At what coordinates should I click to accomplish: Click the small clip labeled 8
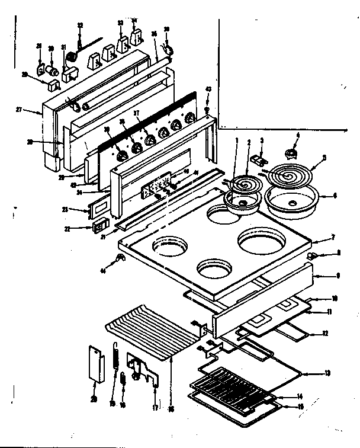coord(312,256)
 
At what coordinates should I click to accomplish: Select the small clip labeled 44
coord(120,257)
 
